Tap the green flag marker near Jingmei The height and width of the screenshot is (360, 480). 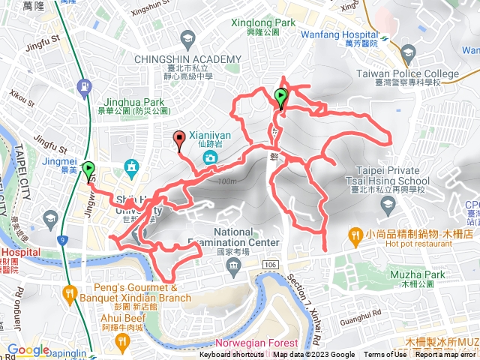pyautogui.click(x=89, y=170)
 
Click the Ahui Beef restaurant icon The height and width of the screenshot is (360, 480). pyautogui.click(x=121, y=342)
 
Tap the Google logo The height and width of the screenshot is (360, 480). pyautogui.click(x=28, y=349)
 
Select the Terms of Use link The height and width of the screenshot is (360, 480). pyautogui.click(x=384, y=355)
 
